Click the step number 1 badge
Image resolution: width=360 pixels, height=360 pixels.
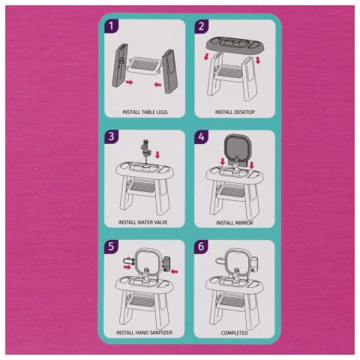(x=111, y=26)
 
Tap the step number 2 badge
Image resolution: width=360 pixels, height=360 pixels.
(x=202, y=26)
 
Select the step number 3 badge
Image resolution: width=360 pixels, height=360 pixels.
(x=111, y=136)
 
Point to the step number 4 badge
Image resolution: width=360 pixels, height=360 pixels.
(x=202, y=136)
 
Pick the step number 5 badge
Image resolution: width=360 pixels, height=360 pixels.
(x=111, y=247)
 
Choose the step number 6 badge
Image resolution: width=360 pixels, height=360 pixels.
(x=202, y=247)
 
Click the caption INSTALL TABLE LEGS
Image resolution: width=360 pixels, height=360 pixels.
(x=145, y=112)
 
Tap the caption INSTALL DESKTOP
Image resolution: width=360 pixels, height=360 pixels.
(x=235, y=112)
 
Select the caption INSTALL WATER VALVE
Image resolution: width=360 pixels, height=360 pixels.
(x=143, y=222)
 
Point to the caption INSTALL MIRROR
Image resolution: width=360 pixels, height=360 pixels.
(x=235, y=223)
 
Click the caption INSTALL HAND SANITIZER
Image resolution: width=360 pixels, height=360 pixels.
(x=144, y=333)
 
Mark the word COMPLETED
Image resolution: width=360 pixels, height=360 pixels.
(x=235, y=333)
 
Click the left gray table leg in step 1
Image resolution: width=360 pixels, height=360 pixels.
(x=119, y=65)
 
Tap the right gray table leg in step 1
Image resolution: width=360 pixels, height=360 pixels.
(x=170, y=71)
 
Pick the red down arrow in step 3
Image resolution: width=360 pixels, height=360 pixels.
(x=157, y=154)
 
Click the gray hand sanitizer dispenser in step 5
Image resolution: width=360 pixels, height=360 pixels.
(x=166, y=265)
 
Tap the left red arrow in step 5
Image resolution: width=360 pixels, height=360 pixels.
(x=127, y=267)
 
